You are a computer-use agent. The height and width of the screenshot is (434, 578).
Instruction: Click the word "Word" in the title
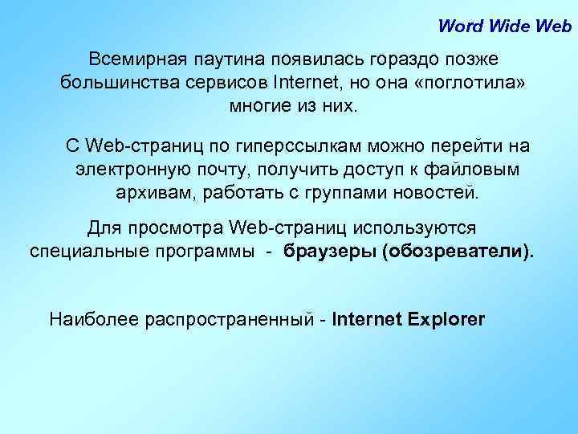[x=457, y=25]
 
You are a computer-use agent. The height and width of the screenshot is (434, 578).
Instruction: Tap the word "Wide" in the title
[x=504, y=25]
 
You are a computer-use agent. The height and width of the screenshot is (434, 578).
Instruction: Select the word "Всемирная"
[x=136, y=59]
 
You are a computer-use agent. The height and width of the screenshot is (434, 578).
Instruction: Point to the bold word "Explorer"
[x=446, y=319]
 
